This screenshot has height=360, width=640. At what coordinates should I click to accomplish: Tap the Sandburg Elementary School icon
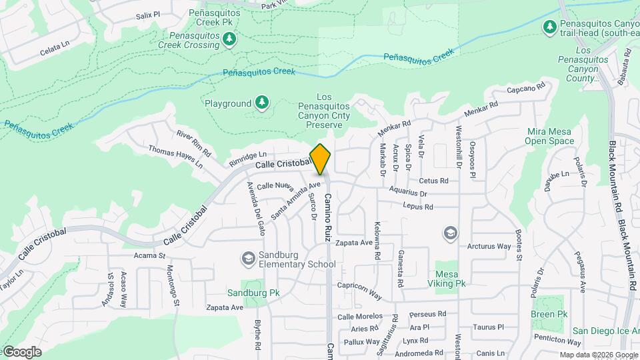(248, 258)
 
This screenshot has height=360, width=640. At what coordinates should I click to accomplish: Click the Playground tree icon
(262, 103)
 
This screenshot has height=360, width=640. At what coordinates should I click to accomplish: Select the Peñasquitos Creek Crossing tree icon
(229, 40)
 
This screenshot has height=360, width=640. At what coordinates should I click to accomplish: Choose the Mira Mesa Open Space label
(549, 136)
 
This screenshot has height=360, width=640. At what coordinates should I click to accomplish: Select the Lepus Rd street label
(418, 207)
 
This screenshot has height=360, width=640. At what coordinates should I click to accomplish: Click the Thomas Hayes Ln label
(175, 157)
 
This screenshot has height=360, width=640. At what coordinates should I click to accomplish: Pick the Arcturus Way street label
(489, 247)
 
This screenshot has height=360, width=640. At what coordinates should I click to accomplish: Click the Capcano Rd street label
(526, 87)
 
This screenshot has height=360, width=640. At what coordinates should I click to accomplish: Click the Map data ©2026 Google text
(599, 355)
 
